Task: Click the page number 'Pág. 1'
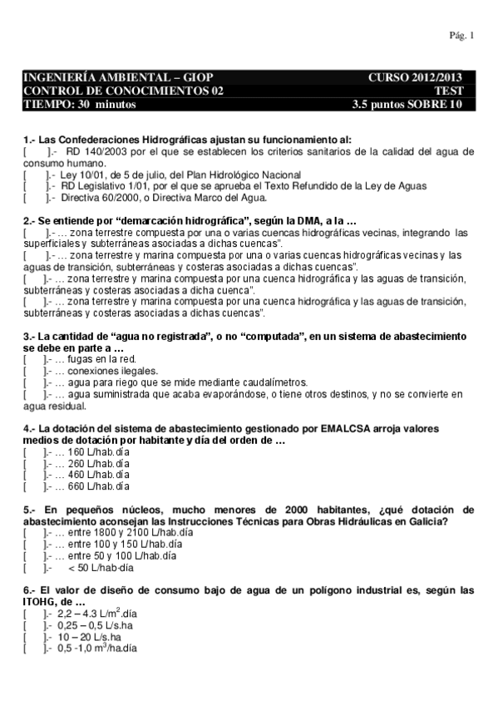(461, 36)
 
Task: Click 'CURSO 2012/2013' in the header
(414, 77)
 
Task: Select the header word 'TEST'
(448, 91)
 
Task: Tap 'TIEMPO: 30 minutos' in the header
(81, 104)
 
